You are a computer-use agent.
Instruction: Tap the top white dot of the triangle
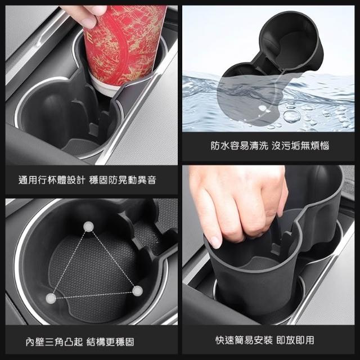point(88,227)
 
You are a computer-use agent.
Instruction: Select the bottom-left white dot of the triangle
point(51,298)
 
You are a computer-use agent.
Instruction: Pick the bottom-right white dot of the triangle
point(137,291)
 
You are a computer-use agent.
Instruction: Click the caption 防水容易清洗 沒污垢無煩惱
point(270,146)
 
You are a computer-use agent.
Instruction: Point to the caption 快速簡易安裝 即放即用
point(265,340)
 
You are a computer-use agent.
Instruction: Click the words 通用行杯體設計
point(51,180)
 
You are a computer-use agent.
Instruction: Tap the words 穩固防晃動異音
point(123,180)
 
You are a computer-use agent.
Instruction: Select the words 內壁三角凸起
point(54,342)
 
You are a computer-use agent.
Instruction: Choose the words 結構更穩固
point(110,342)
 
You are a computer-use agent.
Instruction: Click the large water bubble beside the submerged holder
point(291,116)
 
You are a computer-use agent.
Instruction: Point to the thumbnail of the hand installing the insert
point(268,245)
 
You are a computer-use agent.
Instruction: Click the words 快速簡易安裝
point(244,340)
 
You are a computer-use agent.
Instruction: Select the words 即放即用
point(295,340)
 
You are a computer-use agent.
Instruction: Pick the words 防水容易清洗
point(240,146)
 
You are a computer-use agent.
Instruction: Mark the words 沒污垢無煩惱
point(300,146)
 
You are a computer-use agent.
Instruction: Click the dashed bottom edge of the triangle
point(94,295)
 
